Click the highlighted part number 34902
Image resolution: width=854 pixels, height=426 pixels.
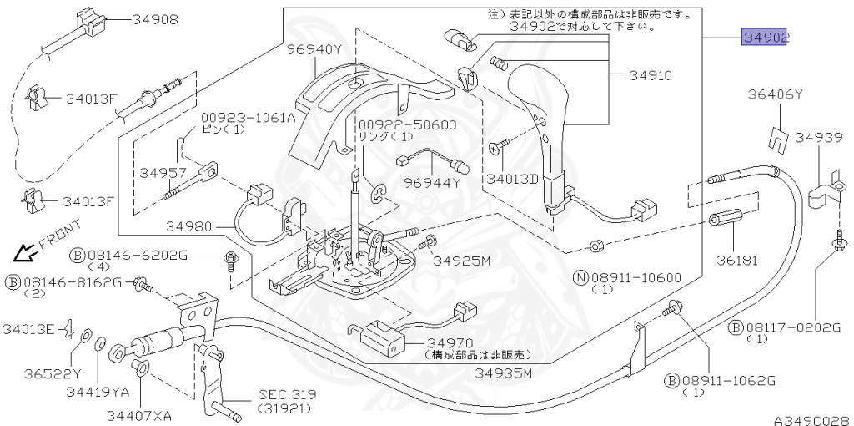point(765,37)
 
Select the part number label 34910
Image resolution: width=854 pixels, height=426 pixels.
point(651,75)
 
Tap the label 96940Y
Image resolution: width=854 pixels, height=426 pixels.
point(314,50)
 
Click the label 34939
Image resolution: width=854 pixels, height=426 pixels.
point(819,137)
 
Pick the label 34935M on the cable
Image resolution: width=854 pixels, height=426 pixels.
point(502,373)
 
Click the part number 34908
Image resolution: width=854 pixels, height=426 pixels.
point(154,20)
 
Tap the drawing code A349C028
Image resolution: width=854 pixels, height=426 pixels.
point(813,420)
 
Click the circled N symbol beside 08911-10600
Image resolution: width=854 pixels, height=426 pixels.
point(581,277)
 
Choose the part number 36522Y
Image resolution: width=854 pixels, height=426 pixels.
point(53,373)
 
